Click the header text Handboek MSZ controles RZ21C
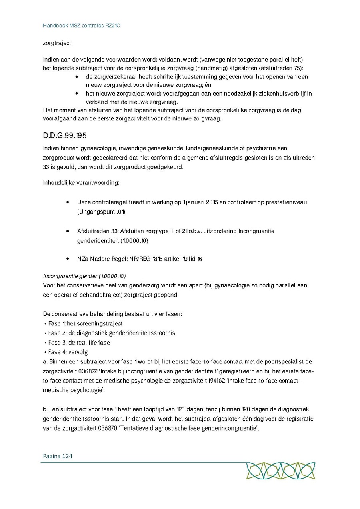[82, 26]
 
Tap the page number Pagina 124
[56, 456]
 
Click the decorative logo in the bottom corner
[280, 471]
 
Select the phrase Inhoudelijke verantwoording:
[80, 183]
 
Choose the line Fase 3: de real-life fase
[78, 343]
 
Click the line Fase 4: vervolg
[67, 352]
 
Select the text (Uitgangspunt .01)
[101, 212]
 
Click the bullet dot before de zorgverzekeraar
[76, 77]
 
